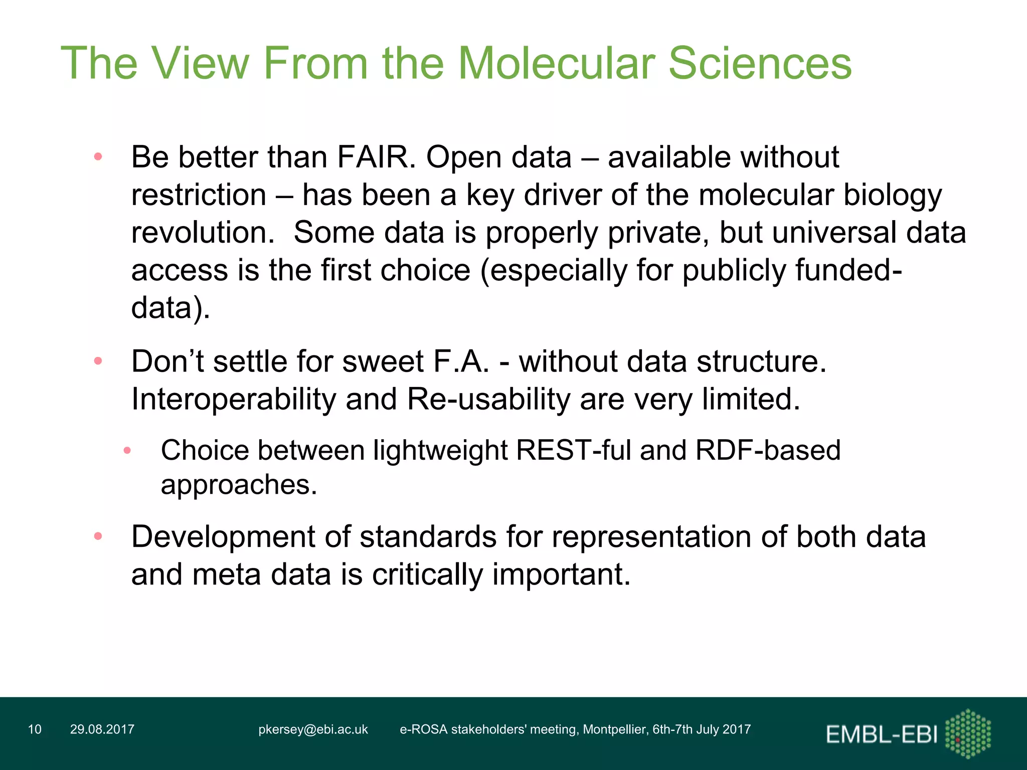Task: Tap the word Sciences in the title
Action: (x=760, y=63)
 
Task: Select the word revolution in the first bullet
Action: (x=203, y=233)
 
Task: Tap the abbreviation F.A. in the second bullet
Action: (x=461, y=361)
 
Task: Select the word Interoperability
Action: (x=233, y=400)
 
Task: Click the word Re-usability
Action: (x=488, y=400)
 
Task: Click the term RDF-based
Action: (x=768, y=450)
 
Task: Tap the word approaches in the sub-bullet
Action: (x=238, y=485)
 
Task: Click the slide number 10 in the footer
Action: (x=35, y=729)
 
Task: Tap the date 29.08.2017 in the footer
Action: (x=102, y=729)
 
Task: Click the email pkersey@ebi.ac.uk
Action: (x=313, y=729)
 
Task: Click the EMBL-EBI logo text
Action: (x=881, y=735)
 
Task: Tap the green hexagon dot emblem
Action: (x=968, y=733)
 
